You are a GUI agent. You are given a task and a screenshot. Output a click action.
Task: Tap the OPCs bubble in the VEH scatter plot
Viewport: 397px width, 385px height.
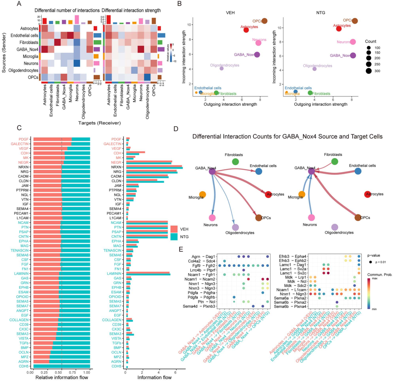pos(264,21)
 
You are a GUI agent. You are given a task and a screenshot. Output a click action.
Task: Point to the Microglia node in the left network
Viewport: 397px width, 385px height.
pos(203,195)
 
